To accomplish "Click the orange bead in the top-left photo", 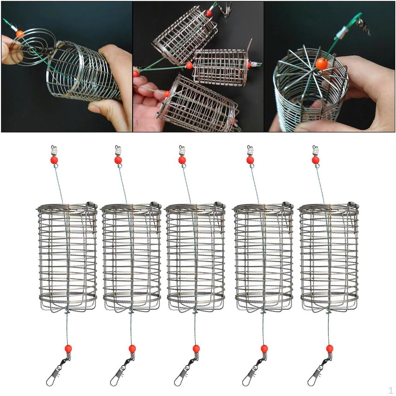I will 20,34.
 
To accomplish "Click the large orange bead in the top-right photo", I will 321,63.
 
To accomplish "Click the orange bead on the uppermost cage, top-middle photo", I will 209,13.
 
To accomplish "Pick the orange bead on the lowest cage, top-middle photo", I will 167,94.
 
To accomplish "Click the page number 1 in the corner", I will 390,390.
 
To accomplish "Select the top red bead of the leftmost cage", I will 54,160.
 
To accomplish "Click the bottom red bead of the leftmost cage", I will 68,348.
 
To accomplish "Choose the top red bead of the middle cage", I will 182,160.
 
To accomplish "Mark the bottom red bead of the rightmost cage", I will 329,348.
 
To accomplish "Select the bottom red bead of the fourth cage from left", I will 264,348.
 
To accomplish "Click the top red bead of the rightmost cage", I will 316,160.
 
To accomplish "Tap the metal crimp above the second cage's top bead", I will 118,150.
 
